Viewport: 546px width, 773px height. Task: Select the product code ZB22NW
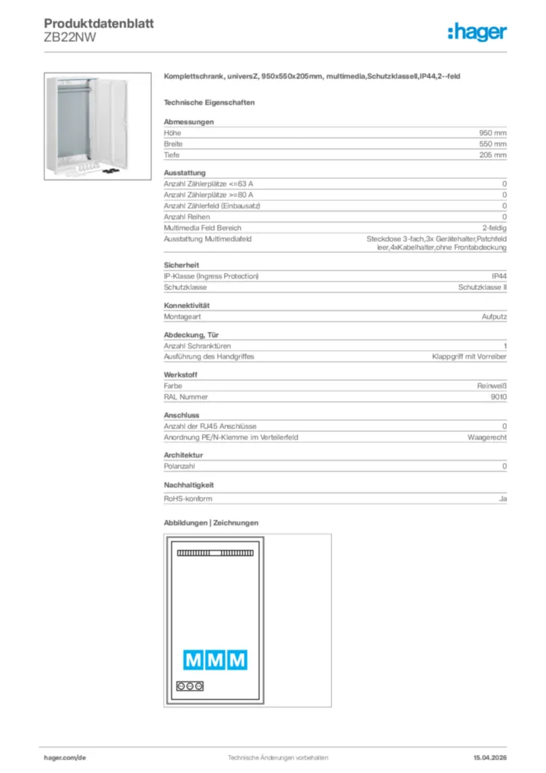[70, 38]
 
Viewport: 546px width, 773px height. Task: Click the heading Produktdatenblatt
[99, 23]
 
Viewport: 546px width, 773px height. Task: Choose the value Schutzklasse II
[483, 288]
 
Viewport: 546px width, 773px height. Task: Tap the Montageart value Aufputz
[494, 317]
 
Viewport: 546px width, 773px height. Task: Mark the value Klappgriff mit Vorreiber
[469, 356]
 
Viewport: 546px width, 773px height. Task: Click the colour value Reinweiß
[492, 386]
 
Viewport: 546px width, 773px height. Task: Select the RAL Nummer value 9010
[498, 396]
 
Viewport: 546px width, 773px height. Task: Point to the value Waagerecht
[487, 437]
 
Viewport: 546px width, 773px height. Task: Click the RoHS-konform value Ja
[502, 499]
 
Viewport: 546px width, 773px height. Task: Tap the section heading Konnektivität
[186, 306]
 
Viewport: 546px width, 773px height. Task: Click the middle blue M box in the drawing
[216, 661]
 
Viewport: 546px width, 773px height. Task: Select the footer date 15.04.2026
[489, 757]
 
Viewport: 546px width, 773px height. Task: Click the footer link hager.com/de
[64, 757]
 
